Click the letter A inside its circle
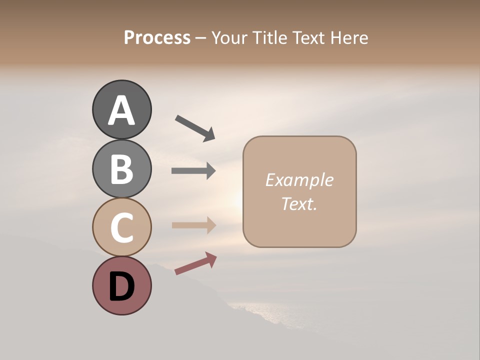(x=121, y=111)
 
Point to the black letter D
(x=121, y=287)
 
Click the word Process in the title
(x=157, y=37)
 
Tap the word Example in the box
(x=299, y=180)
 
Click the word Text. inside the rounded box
(x=299, y=203)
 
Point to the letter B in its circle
(x=121, y=169)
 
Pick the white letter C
(x=121, y=228)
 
